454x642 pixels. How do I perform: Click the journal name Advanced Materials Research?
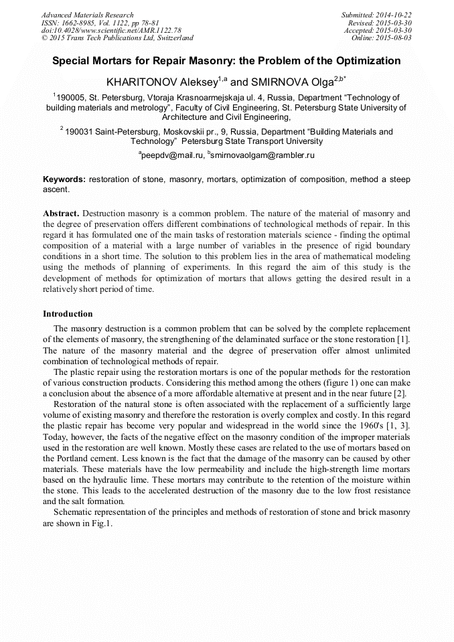click(x=87, y=15)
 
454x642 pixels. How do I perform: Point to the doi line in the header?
click(x=111, y=31)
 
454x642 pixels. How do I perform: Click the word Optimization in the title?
click(x=362, y=61)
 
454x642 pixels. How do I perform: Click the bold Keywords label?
click(x=64, y=179)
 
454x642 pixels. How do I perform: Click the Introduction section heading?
click(x=68, y=314)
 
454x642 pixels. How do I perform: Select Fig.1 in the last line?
click(x=101, y=523)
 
